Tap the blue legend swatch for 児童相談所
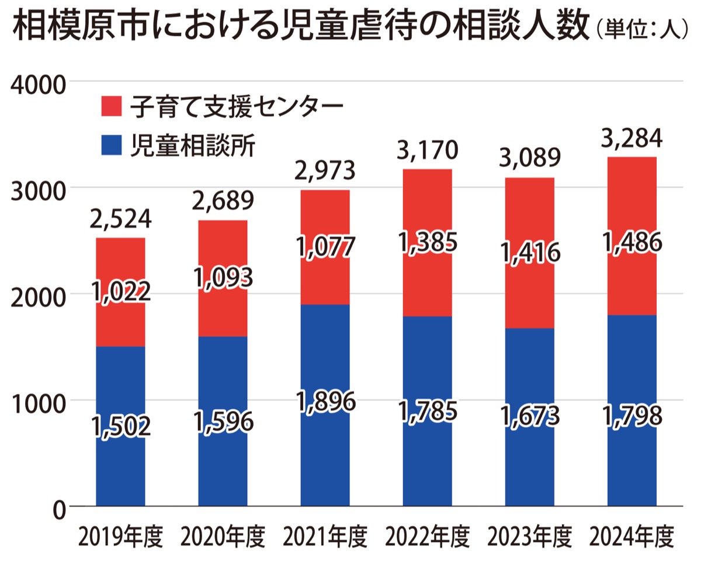pos(110,145)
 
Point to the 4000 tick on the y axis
pos(39,83)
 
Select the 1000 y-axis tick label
pos(39,402)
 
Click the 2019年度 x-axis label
pos(120,536)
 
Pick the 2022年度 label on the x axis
pos(427,536)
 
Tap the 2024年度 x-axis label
pos(632,536)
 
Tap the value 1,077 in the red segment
pos(325,248)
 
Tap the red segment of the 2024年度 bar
pos(632,280)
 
